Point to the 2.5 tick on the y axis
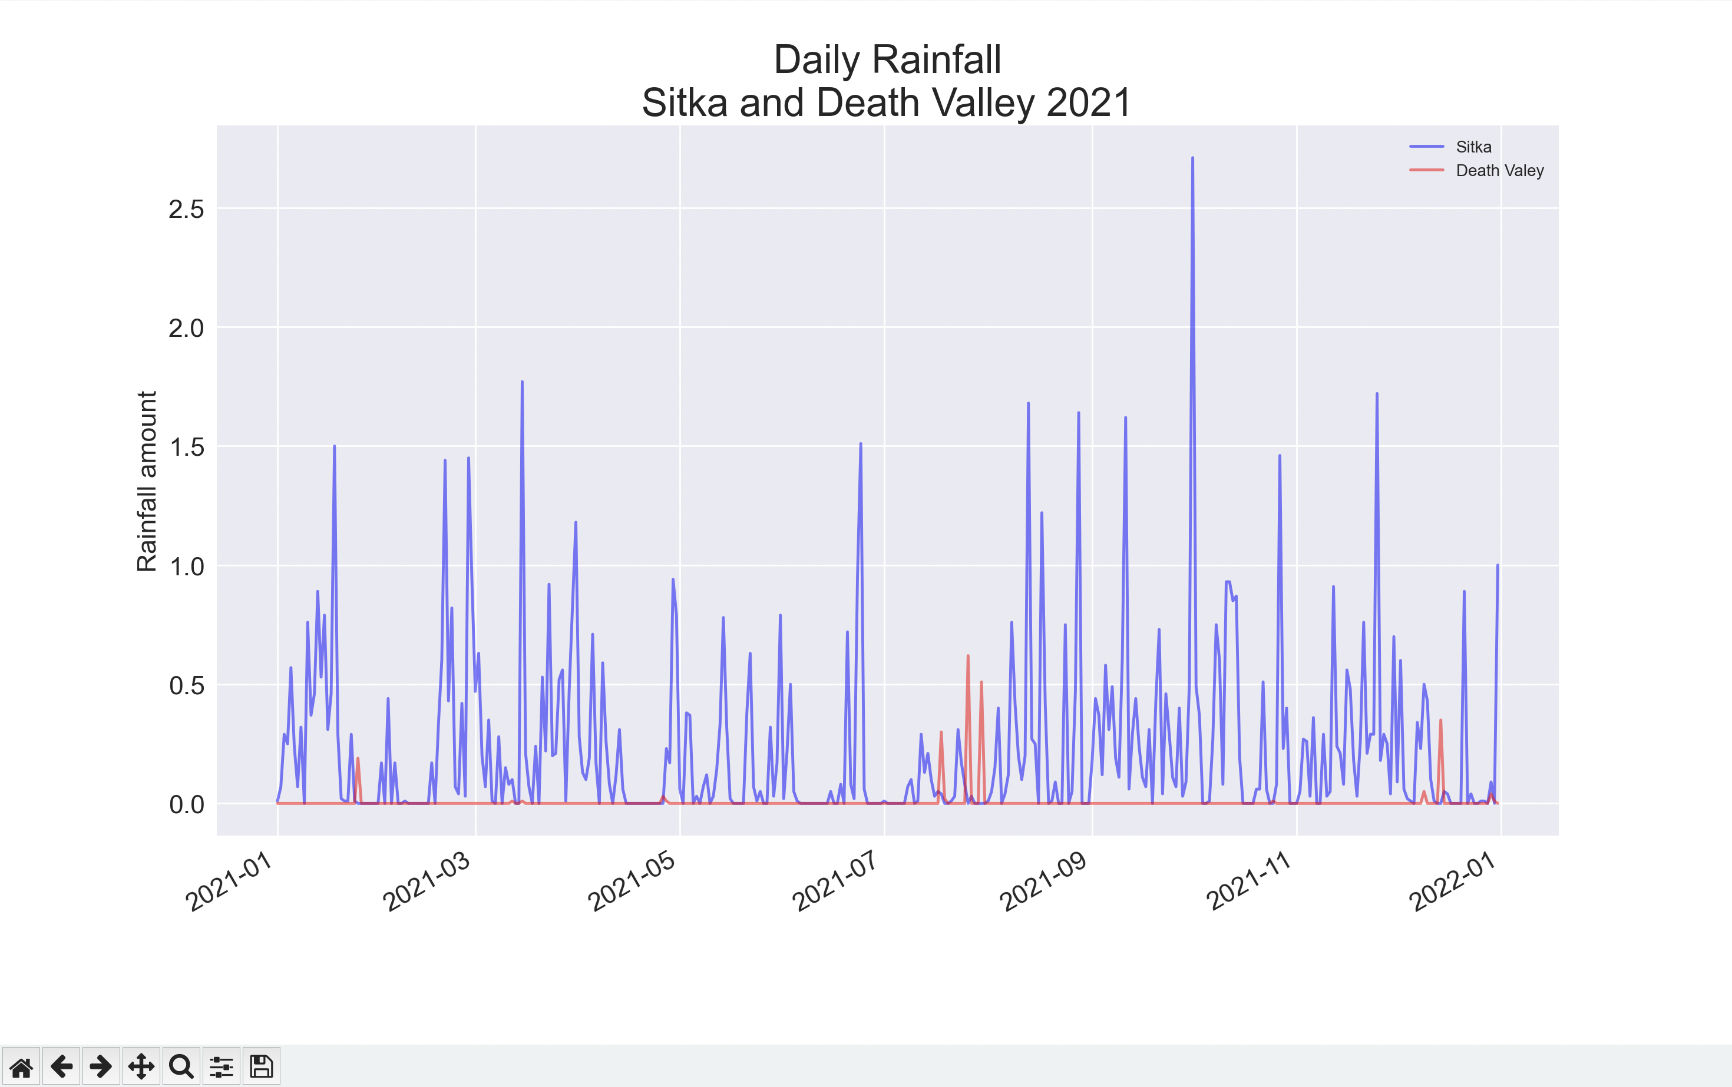click(x=186, y=209)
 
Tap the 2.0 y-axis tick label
click(x=186, y=329)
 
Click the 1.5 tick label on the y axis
click(x=186, y=447)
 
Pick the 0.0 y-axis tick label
click(x=186, y=804)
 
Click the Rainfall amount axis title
click(x=147, y=482)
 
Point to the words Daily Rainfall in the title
click(x=887, y=59)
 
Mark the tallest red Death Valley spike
click(x=968, y=657)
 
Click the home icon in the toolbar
click(x=21, y=1066)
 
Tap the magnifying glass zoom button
click(x=181, y=1066)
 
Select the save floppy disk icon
click(x=261, y=1066)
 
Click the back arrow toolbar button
click(x=61, y=1066)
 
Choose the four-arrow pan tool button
click(x=141, y=1066)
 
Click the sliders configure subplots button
click(x=222, y=1066)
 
